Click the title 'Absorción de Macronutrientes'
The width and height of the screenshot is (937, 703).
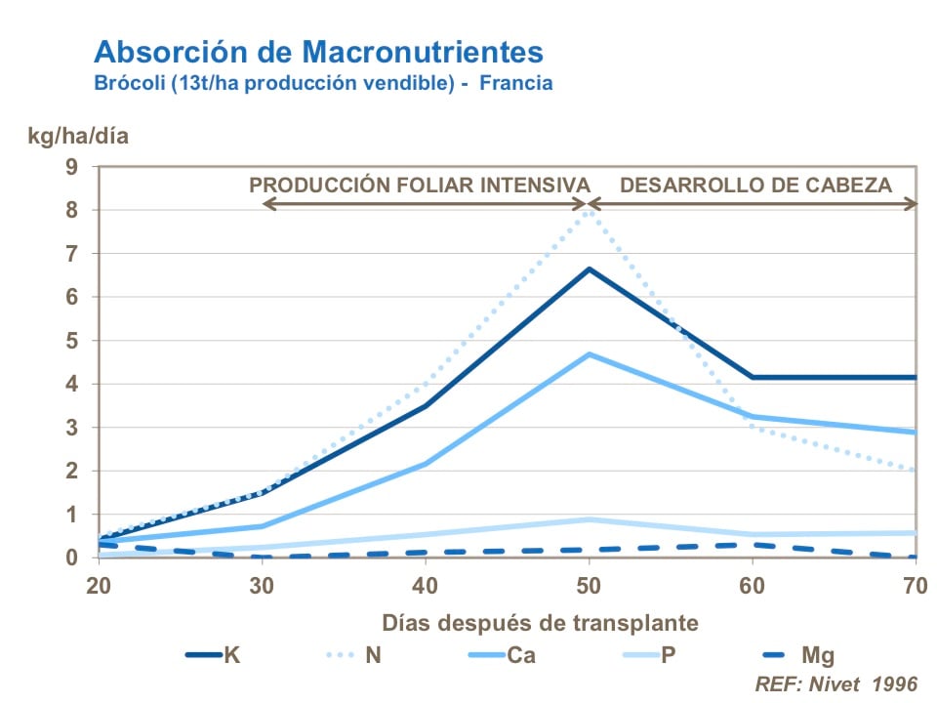pos(318,51)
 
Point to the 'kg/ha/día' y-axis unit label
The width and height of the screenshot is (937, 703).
pos(77,136)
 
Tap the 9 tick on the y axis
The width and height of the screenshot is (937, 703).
pos(71,166)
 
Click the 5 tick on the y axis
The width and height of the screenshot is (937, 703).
pos(71,341)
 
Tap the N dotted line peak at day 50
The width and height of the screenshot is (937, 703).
pos(588,209)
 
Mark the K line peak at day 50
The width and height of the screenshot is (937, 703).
pos(588,269)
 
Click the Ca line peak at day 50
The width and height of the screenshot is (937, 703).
pos(588,354)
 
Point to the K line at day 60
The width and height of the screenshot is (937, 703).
pos(752,377)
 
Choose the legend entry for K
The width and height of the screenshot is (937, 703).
pos(214,654)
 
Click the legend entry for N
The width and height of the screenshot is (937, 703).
pos(355,654)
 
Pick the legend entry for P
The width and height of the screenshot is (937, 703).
pos(648,654)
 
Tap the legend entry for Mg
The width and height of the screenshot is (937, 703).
pos(796,654)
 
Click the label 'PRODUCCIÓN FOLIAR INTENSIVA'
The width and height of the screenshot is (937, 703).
pos(421,185)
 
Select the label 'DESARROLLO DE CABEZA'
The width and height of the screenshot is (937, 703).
pos(756,185)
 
